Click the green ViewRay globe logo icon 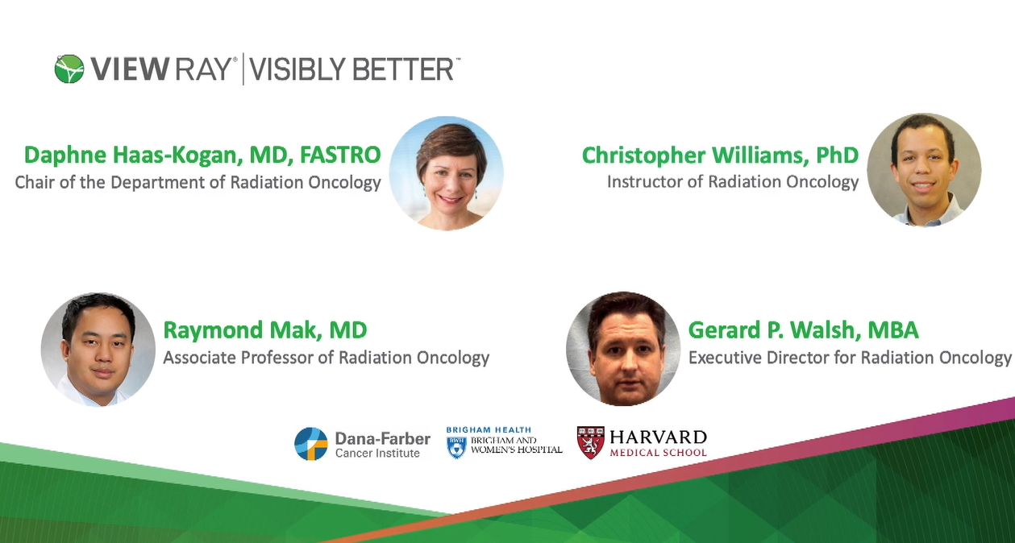point(69,69)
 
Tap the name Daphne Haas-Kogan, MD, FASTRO point(202,154)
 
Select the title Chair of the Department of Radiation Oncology point(198,182)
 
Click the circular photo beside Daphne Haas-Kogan point(446,173)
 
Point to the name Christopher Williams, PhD point(720,154)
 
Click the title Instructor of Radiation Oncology point(733,182)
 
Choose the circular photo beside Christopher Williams point(924,170)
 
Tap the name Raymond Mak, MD point(265,330)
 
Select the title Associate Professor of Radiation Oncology point(327,357)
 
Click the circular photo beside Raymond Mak point(98,349)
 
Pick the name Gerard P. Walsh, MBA point(803,330)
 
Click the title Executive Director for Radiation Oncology point(850,357)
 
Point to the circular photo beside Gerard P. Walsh point(623,348)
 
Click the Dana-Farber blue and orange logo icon point(311,444)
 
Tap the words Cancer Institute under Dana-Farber point(377,454)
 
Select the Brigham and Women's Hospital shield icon point(456,447)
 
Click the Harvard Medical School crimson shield point(590,442)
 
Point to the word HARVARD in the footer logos point(658,437)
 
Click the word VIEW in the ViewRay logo point(126,70)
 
